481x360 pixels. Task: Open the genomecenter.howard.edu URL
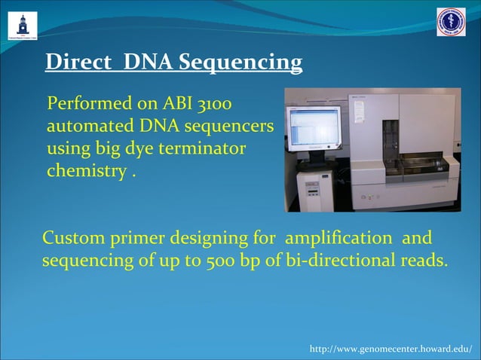(391, 349)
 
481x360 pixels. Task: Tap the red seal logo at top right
(451, 22)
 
